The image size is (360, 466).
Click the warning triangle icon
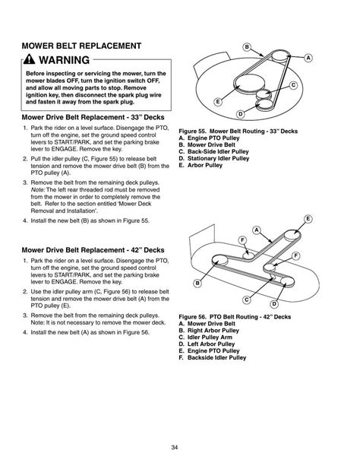coord(29,59)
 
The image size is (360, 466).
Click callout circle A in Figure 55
coord(309,58)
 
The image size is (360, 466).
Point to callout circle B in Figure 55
coord(247,47)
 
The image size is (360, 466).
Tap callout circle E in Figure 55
coord(218,102)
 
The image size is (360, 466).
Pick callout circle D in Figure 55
coord(240,113)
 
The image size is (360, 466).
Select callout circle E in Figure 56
coord(308,220)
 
